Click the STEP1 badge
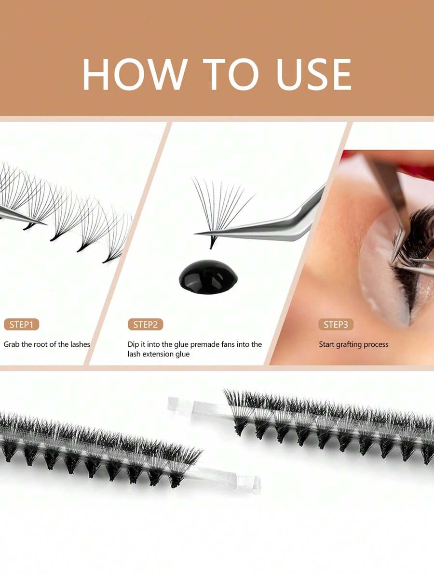21,325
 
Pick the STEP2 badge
145,325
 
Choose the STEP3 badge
336,325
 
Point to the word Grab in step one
12,344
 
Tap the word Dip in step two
134,344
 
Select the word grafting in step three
353,345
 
